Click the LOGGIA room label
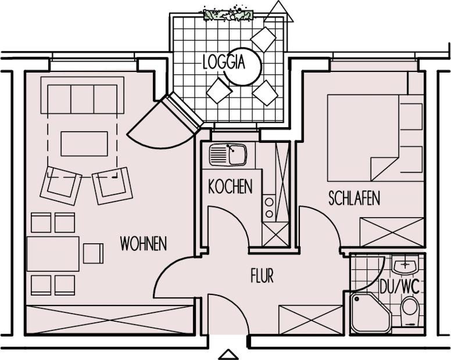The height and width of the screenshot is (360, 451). click(224, 62)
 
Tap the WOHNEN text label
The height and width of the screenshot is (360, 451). click(143, 244)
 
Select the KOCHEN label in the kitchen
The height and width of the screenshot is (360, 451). click(230, 186)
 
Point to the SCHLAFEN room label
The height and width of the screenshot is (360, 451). click(354, 198)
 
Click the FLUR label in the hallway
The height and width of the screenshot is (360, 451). click(262, 276)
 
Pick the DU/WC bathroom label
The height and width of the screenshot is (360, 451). click(399, 286)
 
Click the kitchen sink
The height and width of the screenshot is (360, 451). click(228, 155)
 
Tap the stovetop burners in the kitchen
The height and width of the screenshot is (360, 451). click(269, 208)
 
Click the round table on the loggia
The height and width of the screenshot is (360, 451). click(244, 66)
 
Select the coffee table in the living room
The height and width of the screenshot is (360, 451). click(84, 143)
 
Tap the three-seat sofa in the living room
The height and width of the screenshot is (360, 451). click(83, 95)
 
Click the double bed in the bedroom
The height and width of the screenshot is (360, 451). click(363, 138)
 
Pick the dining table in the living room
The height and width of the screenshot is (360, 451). click(53, 254)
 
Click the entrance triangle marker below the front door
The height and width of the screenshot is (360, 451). click(228, 355)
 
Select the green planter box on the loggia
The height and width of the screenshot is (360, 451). click(228, 15)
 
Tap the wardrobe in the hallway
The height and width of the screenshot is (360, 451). click(311, 320)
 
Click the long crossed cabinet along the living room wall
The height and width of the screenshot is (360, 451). click(110, 319)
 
